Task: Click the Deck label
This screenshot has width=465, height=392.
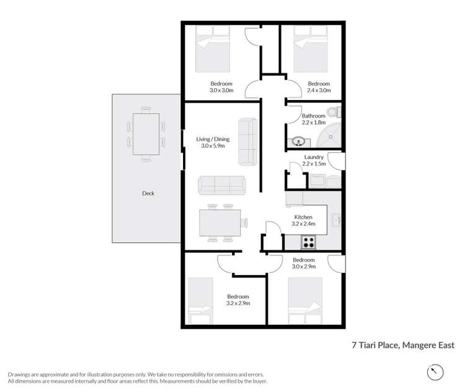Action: click(x=148, y=193)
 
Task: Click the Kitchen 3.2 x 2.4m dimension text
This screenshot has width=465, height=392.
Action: click(x=304, y=224)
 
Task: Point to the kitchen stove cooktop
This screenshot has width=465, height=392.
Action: click(x=308, y=241)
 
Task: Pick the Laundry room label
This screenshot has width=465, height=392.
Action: click(x=312, y=157)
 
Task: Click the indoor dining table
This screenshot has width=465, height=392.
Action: click(x=220, y=224)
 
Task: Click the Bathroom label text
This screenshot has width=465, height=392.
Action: click(x=313, y=116)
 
